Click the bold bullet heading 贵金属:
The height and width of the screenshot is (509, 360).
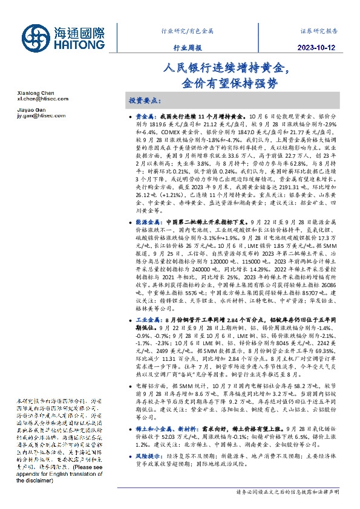point(148,115)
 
